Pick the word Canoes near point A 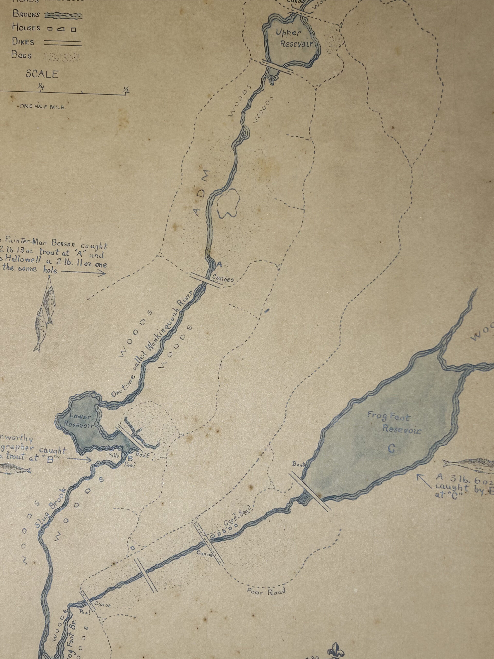point(223,279)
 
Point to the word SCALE point(42,74)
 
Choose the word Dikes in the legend point(23,42)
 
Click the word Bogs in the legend point(21,55)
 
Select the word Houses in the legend point(26,28)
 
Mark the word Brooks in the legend point(26,14)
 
